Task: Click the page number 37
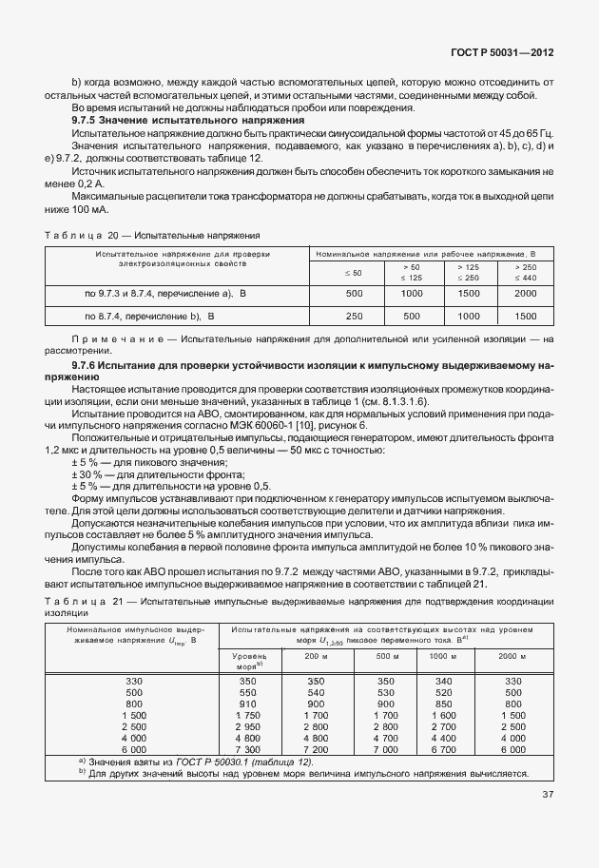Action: pos(548,795)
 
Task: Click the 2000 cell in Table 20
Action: pos(525,294)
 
